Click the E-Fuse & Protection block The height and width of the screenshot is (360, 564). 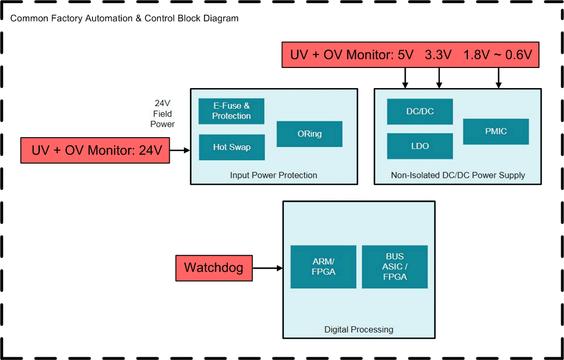click(231, 111)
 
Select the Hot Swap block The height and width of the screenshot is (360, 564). click(231, 147)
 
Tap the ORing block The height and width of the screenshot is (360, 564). click(309, 134)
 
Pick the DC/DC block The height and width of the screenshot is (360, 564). click(420, 111)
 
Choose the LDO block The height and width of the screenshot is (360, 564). click(420, 146)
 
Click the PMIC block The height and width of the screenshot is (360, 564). click(495, 131)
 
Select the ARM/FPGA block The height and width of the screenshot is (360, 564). click(323, 266)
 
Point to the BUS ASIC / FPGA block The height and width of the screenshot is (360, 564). click(395, 266)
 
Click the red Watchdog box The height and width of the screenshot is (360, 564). click(214, 268)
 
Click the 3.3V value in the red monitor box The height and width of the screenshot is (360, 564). click(438, 55)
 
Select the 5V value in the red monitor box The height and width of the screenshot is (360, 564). click(406, 55)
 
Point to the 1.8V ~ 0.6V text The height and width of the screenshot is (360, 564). click(497, 55)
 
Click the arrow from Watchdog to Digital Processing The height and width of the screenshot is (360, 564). click(268, 268)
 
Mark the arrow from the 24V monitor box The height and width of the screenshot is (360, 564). click(180, 151)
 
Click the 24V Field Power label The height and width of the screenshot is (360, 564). click(163, 114)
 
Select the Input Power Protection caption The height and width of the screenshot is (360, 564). click(274, 175)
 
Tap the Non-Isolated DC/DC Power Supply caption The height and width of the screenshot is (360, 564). click(458, 175)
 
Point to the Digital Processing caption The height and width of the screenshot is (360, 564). click(358, 330)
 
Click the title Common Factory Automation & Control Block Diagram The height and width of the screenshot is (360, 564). click(125, 18)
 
